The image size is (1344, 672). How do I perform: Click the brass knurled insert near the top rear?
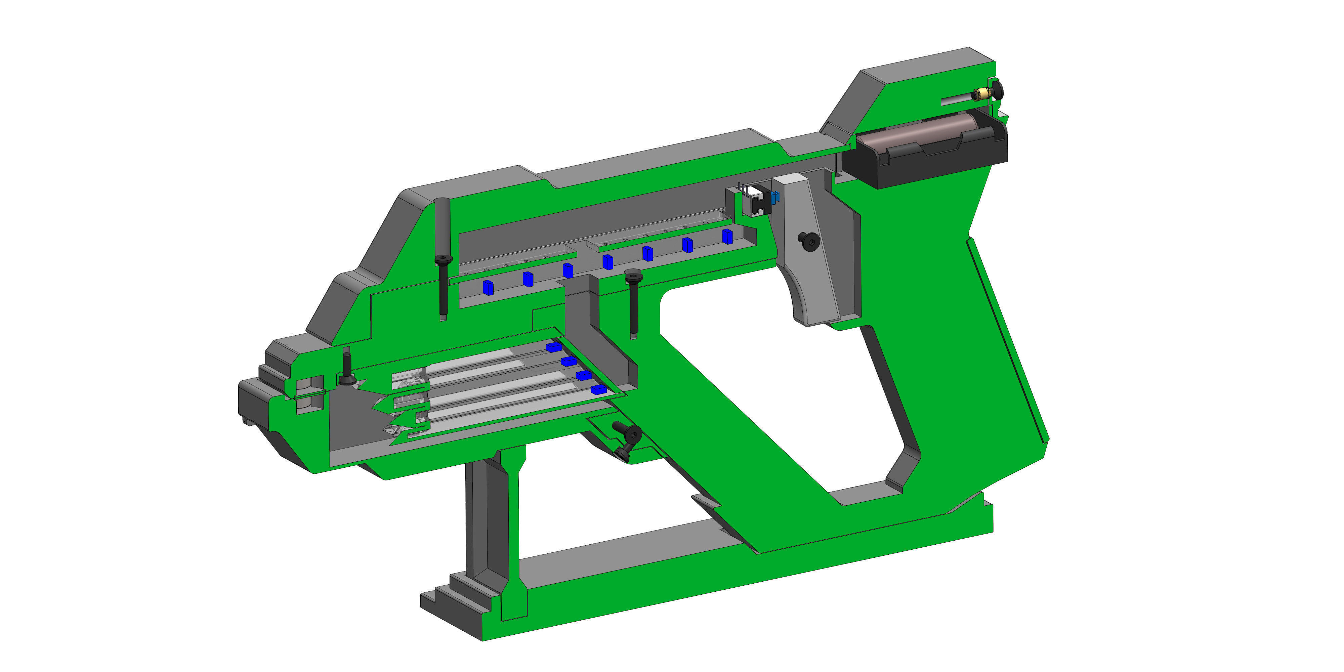point(982,94)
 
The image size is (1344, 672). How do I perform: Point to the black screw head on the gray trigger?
point(809,241)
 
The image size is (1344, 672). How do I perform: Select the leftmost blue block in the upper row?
point(488,288)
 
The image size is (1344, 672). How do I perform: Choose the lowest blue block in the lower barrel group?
point(598,389)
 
